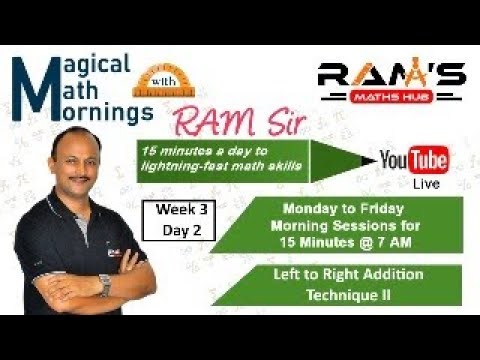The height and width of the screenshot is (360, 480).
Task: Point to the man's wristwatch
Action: point(105,283)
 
